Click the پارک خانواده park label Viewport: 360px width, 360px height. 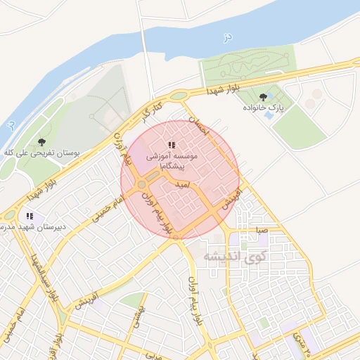coord(262,108)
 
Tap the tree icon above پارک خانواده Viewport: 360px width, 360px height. coord(263,97)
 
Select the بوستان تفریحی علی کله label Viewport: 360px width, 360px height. coord(43,152)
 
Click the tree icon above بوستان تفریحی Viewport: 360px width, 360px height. coord(42,142)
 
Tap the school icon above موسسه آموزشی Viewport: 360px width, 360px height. coord(172,146)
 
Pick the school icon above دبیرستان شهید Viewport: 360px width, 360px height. coord(30,216)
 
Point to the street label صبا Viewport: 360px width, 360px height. coord(262,230)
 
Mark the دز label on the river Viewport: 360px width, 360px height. coord(226,37)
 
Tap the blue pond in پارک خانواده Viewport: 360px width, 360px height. coord(269,114)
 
